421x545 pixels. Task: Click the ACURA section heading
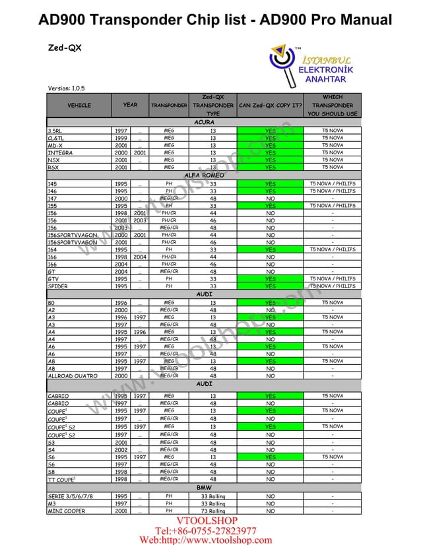tap(204, 123)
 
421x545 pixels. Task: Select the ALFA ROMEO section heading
tap(204, 176)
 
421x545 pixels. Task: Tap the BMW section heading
tap(204, 488)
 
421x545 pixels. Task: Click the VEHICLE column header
tap(79, 106)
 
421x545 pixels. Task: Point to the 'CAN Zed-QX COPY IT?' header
tap(271, 106)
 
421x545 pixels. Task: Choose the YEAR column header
tap(131, 105)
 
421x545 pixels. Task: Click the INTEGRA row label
tap(60, 152)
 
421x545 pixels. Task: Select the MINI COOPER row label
tap(66, 511)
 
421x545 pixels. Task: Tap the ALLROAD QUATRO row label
tap(72, 375)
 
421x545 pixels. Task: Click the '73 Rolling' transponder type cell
tap(213, 511)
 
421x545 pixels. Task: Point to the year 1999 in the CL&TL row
tap(121, 138)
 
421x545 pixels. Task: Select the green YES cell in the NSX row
tap(271, 160)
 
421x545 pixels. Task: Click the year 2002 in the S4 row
tap(121, 449)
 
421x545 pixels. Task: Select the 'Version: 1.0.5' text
tap(66, 88)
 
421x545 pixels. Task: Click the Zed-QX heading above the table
tap(65, 48)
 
